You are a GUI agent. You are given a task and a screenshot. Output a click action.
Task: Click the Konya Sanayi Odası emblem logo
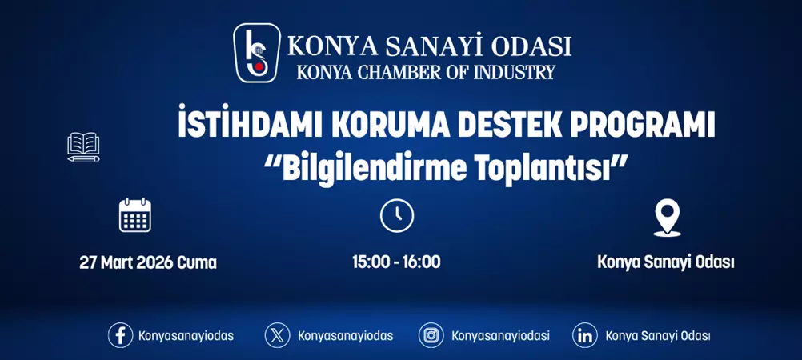tap(257, 53)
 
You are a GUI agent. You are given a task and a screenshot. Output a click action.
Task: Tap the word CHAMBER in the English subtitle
tap(387, 73)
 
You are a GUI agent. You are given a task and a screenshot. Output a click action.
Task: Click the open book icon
tap(84, 147)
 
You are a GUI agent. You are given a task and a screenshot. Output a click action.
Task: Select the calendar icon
tap(134, 215)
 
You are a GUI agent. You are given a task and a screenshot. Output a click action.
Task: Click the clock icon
tap(396, 216)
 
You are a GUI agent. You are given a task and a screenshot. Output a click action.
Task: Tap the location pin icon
tap(666, 217)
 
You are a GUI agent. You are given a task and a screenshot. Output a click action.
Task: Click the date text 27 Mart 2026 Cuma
tap(148, 262)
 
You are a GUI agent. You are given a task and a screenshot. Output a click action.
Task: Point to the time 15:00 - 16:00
tap(396, 262)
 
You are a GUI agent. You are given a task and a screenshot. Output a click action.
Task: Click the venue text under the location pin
tap(666, 262)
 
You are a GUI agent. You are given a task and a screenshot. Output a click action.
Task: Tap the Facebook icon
tap(120, 335)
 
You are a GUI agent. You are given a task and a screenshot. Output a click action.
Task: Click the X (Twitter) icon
tap(278, 335)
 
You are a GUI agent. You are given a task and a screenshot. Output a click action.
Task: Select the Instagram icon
tap(431, 335)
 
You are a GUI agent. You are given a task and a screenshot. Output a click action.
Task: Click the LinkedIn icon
tap(585, 335)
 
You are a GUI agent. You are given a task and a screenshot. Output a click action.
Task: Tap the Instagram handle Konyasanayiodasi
tap(500, 336)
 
